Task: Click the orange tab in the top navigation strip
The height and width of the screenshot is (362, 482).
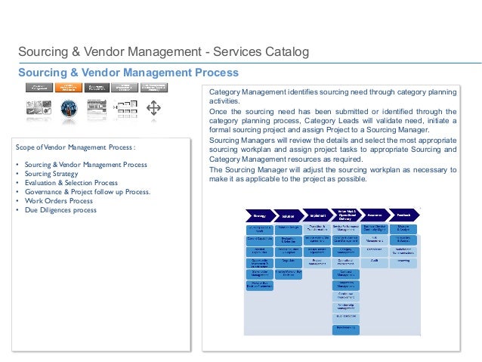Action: [x=69, y=88]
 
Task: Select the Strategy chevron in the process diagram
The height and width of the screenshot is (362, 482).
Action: [x=258, y=215]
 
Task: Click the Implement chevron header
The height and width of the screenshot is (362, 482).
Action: [x=317, y=215]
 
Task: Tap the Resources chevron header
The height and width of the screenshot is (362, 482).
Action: [x=374, y=215]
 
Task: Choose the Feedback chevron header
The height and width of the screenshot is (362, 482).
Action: [x=403, y=215]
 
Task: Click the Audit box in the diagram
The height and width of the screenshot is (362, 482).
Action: [x=374, y=261]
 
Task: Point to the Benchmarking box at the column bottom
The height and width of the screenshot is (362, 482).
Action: [x=345, y=329]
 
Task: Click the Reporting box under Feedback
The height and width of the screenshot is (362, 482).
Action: [x=403, y=261]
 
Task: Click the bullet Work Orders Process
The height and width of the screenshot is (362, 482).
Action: [x=59, y=200]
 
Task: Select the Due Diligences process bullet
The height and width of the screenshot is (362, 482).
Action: [x=60, y=209]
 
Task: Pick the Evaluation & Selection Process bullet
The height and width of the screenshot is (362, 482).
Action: [x=71, y=182]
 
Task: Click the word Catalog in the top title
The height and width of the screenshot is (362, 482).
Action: [x=287, y=53]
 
